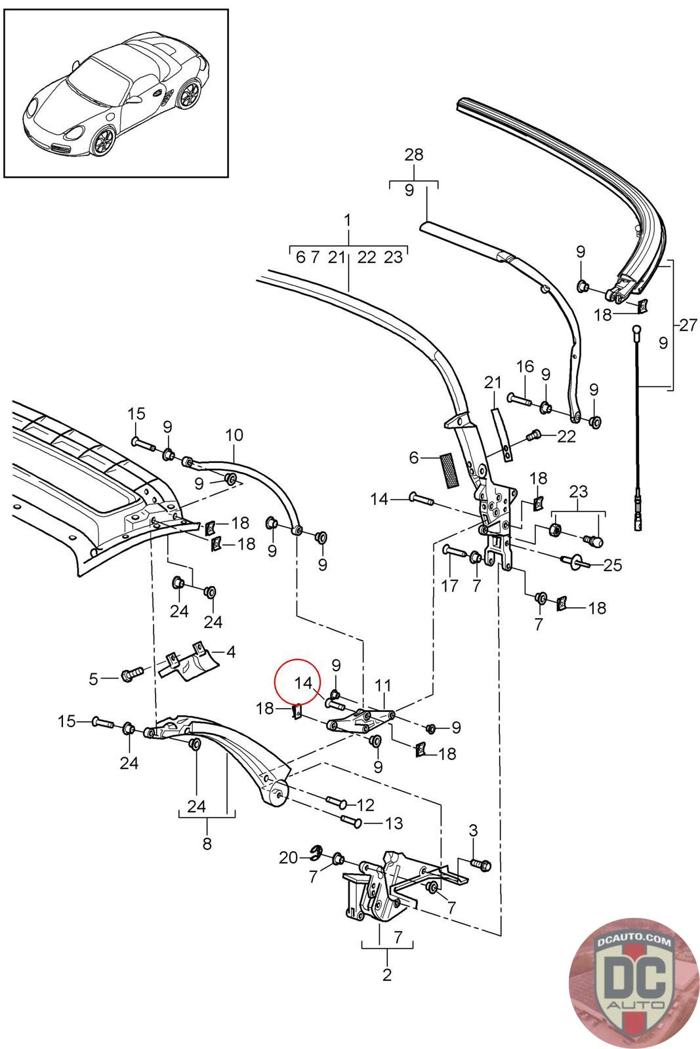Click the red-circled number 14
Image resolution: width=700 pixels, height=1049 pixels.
point(303,683)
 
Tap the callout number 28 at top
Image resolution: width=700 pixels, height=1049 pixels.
point(414,155)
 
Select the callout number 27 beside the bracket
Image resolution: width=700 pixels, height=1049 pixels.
point(688,325)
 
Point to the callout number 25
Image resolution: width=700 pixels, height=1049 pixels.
point(612,564)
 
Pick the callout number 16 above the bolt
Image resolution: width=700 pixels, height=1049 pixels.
point(525,366)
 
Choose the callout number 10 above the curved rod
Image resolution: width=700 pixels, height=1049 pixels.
point(234,435)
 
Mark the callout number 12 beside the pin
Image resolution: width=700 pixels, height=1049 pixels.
point(365,804)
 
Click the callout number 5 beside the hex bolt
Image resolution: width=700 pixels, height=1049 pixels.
point(94,679)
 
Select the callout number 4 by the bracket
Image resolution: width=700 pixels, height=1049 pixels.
point(231,652)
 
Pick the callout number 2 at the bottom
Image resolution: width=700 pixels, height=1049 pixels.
point(386,975)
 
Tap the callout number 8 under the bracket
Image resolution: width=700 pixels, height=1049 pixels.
point(207,844)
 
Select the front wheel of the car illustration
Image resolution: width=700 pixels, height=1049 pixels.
point(104,140)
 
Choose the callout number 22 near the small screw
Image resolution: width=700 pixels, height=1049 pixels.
point(566,436)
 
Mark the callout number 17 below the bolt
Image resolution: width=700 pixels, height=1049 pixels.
point(449,585)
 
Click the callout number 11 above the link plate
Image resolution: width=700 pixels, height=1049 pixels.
point(383,686)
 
